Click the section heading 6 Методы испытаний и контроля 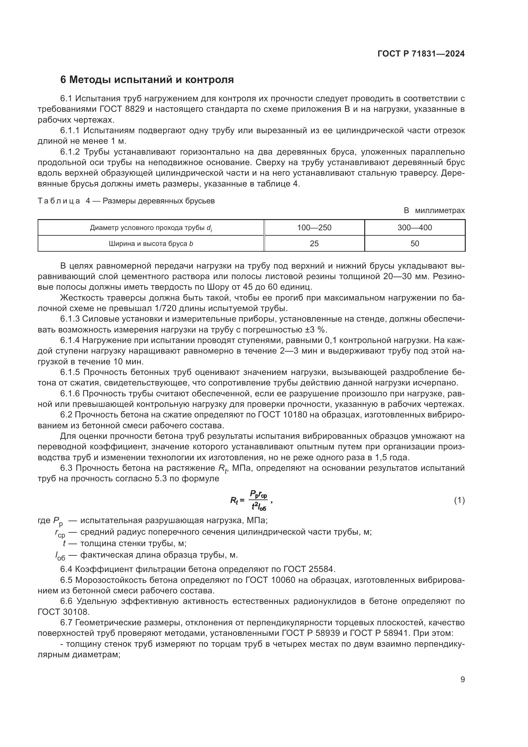(x=147, y=80)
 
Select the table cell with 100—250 (x=314, y=228)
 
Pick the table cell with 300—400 (x=415, y=228)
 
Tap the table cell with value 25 (x=314, y=243)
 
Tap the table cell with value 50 (x=415, y=243)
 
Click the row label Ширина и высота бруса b (x=151, y=243)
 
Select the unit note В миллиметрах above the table (x=434, y=210)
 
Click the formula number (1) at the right (x=459, y=501)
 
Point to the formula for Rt (x=250, y=501)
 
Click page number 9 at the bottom (x=462, y=679)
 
